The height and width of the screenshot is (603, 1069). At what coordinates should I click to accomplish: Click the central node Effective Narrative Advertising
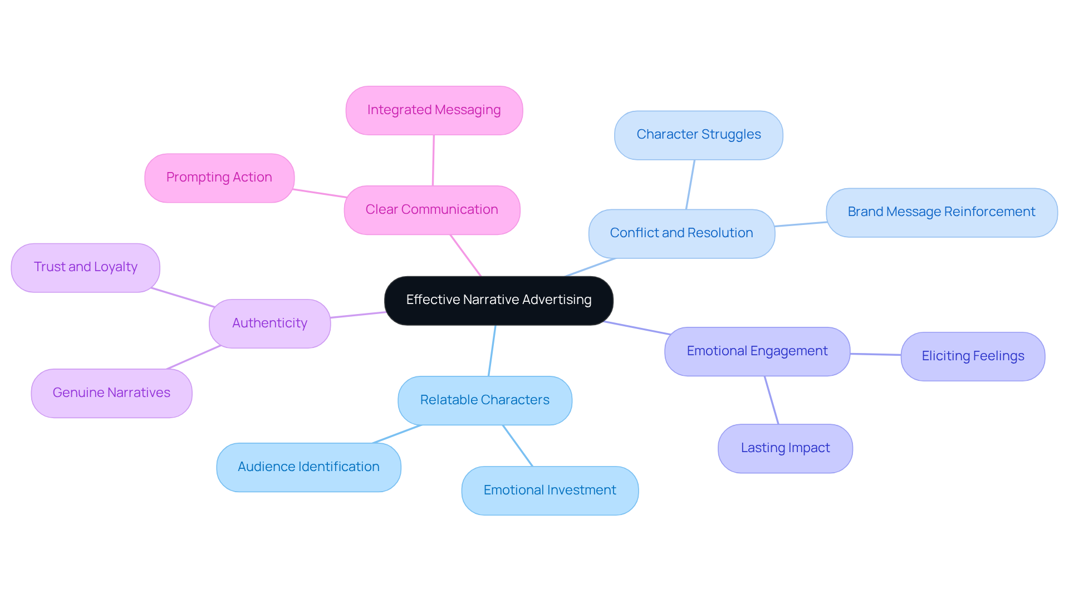pos(498,300)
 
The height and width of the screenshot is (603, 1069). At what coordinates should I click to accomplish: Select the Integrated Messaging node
pos(434,110)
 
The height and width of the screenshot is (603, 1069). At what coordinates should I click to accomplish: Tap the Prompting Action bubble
pos(219,178)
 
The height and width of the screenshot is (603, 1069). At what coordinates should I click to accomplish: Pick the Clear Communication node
pos(431,210)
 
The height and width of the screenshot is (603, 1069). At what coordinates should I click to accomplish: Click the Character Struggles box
pos(698,135)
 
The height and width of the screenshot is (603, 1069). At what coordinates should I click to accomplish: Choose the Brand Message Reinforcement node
pos(941,212)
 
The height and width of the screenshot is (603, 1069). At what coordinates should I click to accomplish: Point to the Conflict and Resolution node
pos(681,233)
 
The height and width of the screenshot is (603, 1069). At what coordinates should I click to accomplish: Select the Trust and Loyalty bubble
pos(85,267)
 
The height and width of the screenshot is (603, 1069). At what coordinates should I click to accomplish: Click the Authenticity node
pos(269,323)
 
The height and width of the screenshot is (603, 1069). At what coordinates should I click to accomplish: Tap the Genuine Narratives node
pos(111,393)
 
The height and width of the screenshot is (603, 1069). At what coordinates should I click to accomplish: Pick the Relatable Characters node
pos(484,400)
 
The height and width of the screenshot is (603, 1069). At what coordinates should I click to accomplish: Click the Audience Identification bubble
pos(308,467)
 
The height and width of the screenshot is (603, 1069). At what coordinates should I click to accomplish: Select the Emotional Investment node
pos(550,491)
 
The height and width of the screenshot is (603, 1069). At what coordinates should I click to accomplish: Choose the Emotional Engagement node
pos(757,351)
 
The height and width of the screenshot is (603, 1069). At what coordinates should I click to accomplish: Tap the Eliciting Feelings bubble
pos(972,356)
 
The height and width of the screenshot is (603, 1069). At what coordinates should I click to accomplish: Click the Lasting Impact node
pos(784,448)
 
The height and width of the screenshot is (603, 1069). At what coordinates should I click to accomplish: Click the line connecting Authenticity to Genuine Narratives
pos(194,357)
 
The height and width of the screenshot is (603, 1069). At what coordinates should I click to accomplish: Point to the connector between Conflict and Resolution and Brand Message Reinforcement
pos(801,224)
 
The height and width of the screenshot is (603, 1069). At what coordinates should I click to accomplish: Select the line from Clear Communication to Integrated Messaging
pos(433,160)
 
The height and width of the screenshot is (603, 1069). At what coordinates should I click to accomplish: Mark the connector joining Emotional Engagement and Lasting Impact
pos(771,400)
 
